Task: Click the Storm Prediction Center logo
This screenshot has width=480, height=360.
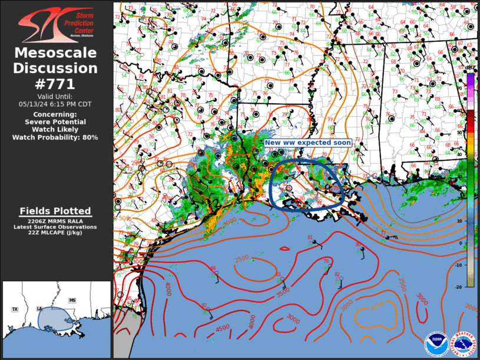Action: tap(55, 25)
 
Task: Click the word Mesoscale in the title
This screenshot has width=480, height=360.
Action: tap(55, 53)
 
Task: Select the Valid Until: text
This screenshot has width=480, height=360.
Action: tap(55, 96)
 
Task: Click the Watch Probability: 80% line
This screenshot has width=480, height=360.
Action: tap(55, 137)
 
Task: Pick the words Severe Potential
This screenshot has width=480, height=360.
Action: tap(55, 122)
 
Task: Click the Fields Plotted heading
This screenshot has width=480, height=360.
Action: tap(55, 211)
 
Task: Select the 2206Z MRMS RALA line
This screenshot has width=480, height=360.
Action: tap(55, 221)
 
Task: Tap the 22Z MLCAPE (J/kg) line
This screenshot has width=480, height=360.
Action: tap(55, 232)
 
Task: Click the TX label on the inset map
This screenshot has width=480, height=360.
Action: tap(15, 309)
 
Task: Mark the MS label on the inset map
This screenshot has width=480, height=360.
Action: tap(72, 300)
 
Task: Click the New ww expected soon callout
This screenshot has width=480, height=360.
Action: tap(307, 143)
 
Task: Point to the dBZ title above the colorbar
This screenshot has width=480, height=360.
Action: tap(469, 68)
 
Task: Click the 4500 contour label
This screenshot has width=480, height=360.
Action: tap(223, 329)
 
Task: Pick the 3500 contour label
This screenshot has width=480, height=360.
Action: tap(284, 290)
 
